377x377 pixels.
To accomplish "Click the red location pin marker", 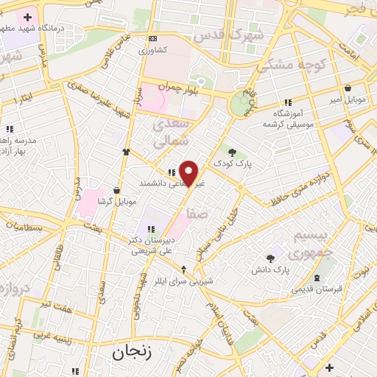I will (189, 173).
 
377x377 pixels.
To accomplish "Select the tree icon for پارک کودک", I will (232, 152).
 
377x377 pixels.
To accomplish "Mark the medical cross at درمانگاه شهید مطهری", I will (28, 17).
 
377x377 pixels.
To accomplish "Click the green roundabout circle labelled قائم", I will (240, 105).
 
